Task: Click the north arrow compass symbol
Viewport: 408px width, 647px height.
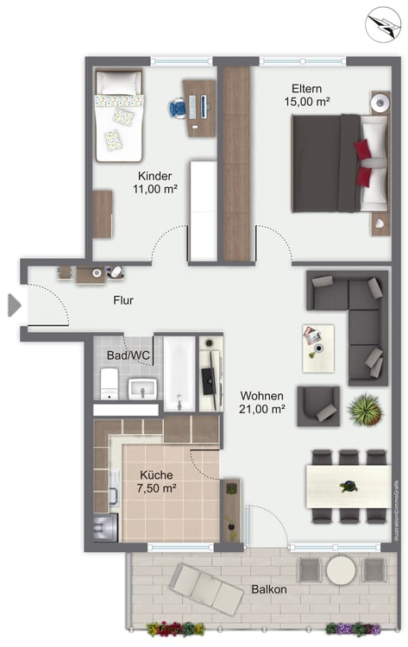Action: [x=383, y=24]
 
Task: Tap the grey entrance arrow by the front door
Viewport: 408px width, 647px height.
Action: [x=14, y=305]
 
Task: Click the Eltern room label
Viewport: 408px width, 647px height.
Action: [x=306, y=88]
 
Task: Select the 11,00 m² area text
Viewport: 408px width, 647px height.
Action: [x=155, y=189]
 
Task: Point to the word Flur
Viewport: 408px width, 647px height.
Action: [x=123, y=300]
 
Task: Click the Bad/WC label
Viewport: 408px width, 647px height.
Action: [x=128, y=355]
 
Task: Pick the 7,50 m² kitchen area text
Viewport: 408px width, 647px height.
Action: [x=156, y=488]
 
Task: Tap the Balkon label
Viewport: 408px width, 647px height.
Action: [x=269, y=589]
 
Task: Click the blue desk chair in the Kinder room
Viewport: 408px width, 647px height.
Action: [x=177, y=108]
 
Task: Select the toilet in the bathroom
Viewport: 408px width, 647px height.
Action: [x=110, y=384]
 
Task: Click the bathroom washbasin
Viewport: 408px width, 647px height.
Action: [x=142, y=389]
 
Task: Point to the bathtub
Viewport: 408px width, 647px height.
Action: [x=179, y=374]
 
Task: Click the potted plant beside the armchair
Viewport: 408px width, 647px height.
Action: [x=365, y=409]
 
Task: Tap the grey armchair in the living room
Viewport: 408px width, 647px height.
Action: [x=318, y=406]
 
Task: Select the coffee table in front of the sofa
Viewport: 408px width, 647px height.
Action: [x=318, y=349]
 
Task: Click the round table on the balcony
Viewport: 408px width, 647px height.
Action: [x=342, y=570]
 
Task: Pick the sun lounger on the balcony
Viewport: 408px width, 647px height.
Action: [x=206, y=590]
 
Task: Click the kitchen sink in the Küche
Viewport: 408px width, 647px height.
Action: [x=114, y=487]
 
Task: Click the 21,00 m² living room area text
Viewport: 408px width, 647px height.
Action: [x=262, y=409]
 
